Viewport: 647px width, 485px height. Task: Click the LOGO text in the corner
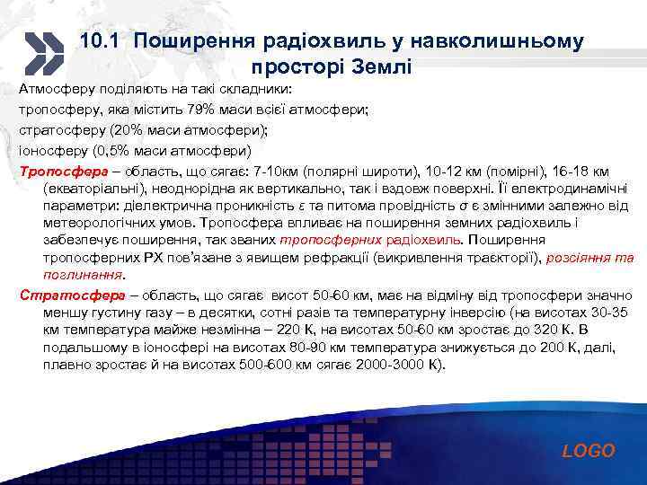click(x=589, y=451)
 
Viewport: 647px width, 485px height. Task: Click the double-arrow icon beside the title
click(x=42, y=53)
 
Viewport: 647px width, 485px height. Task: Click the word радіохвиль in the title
click(x=309, y=41)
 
